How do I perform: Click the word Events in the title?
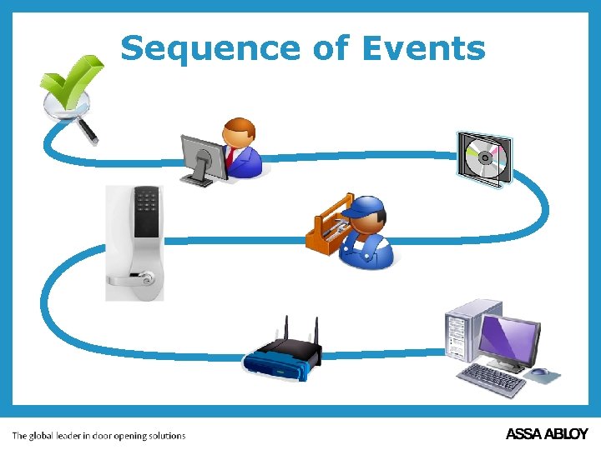(x=423, y=48)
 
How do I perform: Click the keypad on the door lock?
(x=148, y=203)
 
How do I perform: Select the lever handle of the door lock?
(x=132, y=278)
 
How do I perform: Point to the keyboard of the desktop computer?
(x=492, y=380)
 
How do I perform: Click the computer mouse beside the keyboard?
(x=541, y=372)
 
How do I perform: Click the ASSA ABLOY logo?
(x=547, y=434)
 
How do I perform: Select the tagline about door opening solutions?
(x=98, y=435)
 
